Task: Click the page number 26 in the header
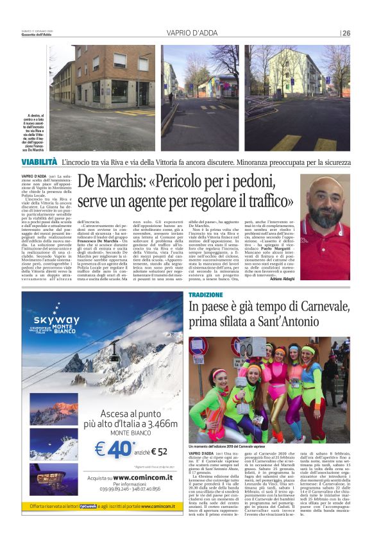pos(346,33)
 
